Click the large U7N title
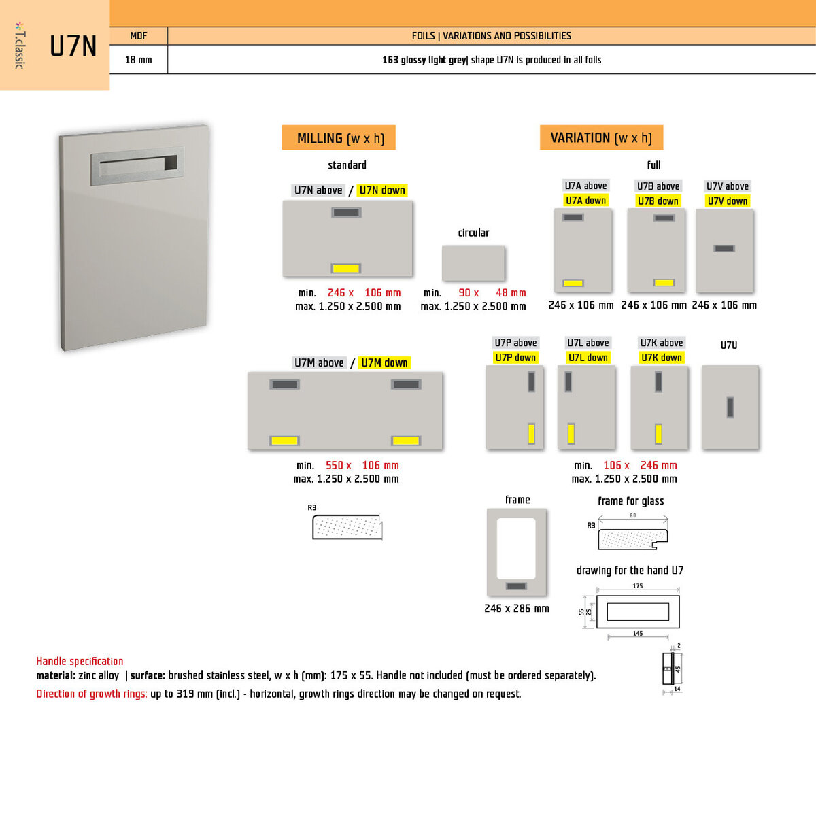point(73,46)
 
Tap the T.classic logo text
point(20,46)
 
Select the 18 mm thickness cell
point(138,60)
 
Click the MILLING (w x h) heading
point(339,138)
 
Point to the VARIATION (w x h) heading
point(601,137)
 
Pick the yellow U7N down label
point(382,190)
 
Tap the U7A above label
point(585,186)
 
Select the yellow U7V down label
point(727,201)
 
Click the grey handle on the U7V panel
point(724,248)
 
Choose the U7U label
point(729,345)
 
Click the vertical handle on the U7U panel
point(730,407)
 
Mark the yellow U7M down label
point(384,362)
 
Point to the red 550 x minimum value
point(338,465)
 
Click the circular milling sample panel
point(473,263)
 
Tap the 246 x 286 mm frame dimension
point(517,609)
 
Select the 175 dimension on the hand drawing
point(637,585)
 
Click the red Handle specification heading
point(80,661)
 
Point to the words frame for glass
point(631,501)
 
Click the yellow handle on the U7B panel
point(664,282)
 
